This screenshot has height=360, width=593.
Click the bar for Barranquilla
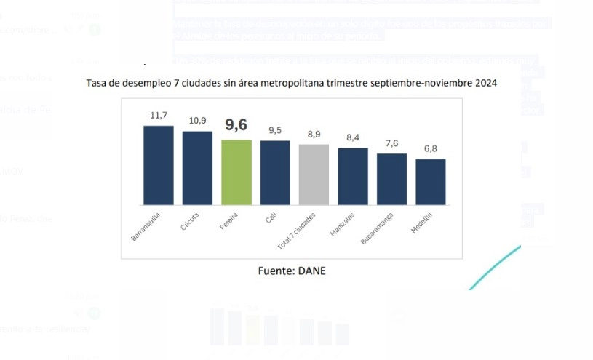coord(158,166)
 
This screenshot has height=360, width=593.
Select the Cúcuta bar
coord(197,169)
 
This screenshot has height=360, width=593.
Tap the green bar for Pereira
coord(236,172)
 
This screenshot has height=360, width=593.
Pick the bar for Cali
coord(275,173)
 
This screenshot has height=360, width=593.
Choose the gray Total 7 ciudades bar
coord(314,175)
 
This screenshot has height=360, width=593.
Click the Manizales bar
coord(353,177)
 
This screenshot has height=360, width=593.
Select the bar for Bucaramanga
coord(391,180)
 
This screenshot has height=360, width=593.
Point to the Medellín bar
coord(431,183)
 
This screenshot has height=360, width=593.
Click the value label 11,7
coord(159,116)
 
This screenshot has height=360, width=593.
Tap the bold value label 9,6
coord(236,125)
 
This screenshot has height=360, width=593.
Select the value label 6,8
coord(431,148)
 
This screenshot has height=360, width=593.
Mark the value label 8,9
coord(314,134)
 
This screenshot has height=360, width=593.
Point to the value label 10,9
coord(197,121)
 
